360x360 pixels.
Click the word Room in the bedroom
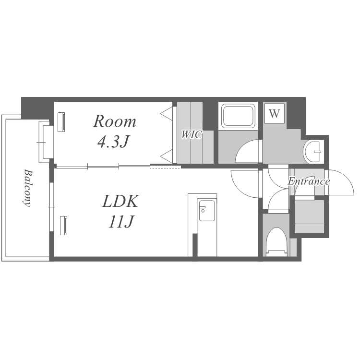(x=115, y=121)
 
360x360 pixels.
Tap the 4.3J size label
(x=113, y=142)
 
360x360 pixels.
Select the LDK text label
(x=120, y=201)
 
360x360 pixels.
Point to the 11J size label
(x=121, y=221)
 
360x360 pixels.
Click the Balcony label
(x=27, y=188)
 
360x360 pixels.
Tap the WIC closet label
(x=192, y=134)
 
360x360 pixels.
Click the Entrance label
(x=309, y=181)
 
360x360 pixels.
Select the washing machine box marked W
(x=275, y=113)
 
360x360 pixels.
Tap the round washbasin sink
(x=313, y=151)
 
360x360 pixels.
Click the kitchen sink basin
(x=206, y=210)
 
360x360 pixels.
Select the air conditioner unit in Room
(x=61, y=122)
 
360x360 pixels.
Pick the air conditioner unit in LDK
(x=63, y=225)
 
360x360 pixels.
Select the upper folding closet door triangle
(x=166, y=113)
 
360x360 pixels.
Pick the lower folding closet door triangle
(x=166, y=156)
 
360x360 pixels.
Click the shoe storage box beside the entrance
(x=309, y=216)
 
